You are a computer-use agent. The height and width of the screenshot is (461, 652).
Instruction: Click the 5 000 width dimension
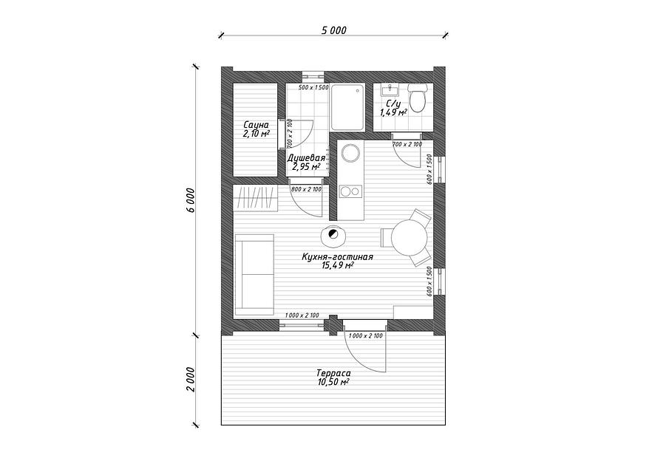(333, 30)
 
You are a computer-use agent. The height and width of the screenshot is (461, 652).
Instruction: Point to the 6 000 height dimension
(191, 199)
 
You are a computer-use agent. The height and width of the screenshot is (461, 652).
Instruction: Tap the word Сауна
(256, 126)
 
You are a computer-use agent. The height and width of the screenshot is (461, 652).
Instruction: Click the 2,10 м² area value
(256, 134)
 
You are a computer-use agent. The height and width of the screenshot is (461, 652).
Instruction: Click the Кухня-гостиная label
(336, 257)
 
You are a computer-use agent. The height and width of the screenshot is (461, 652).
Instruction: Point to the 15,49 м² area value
(336, 266)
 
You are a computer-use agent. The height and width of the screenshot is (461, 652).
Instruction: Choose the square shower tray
(347, 106)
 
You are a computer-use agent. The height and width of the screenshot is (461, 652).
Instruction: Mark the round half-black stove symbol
(333, 236)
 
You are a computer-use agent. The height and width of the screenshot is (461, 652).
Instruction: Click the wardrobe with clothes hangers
(256, 199)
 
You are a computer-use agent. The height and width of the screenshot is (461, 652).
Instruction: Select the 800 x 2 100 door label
(306, 190)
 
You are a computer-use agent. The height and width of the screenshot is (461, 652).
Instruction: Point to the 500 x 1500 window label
(313, 88)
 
